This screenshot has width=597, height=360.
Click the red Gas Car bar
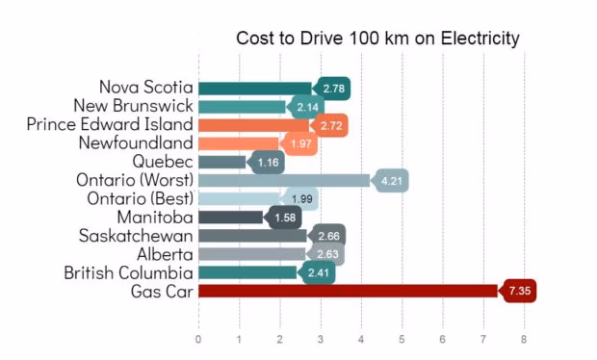tap(347, 291)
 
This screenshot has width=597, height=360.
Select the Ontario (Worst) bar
tap(283, 180)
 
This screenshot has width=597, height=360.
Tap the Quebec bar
tap(221, 162)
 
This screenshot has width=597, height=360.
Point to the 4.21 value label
tap(391, 180)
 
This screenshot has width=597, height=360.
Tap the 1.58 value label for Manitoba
tap(285, 218)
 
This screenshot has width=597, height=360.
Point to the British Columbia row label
tap(128, 272)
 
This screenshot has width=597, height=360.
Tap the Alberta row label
tap(165, 254)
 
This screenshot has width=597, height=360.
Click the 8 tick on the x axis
tap(524, 339)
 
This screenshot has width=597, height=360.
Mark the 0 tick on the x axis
tap(198, 339)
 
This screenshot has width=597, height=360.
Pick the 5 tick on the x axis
tap(402, 339)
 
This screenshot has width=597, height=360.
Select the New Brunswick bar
tap(242, 106)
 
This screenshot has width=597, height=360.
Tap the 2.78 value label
tap(334, 89)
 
